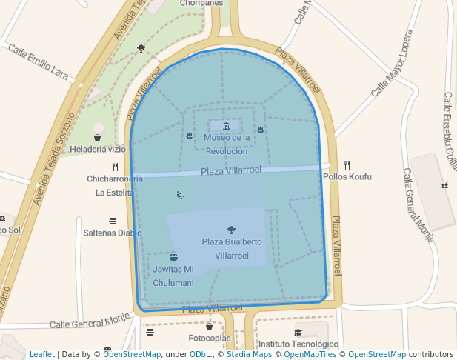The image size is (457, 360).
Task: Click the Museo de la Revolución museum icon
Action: pos(226,126)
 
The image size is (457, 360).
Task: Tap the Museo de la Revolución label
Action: pos(227,144)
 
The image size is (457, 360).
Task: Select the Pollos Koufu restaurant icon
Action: pos(347,165)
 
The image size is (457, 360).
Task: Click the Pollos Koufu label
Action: pos(347,177)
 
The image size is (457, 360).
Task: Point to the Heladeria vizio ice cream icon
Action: pos(97,137)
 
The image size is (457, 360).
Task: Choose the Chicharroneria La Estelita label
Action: pos(115,185)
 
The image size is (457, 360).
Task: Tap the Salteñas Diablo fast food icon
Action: pos(113,221)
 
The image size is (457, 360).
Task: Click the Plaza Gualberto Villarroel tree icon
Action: pos(232,230)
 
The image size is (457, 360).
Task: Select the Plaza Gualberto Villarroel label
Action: pos(232,248)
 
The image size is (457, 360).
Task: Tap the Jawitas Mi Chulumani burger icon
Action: pos(173,257)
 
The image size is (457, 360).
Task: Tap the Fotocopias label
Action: pos(210,339)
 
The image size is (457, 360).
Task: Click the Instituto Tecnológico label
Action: pos(298,344)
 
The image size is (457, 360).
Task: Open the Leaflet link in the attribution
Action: pos(42,354)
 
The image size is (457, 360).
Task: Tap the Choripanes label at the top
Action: pos(201,3)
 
